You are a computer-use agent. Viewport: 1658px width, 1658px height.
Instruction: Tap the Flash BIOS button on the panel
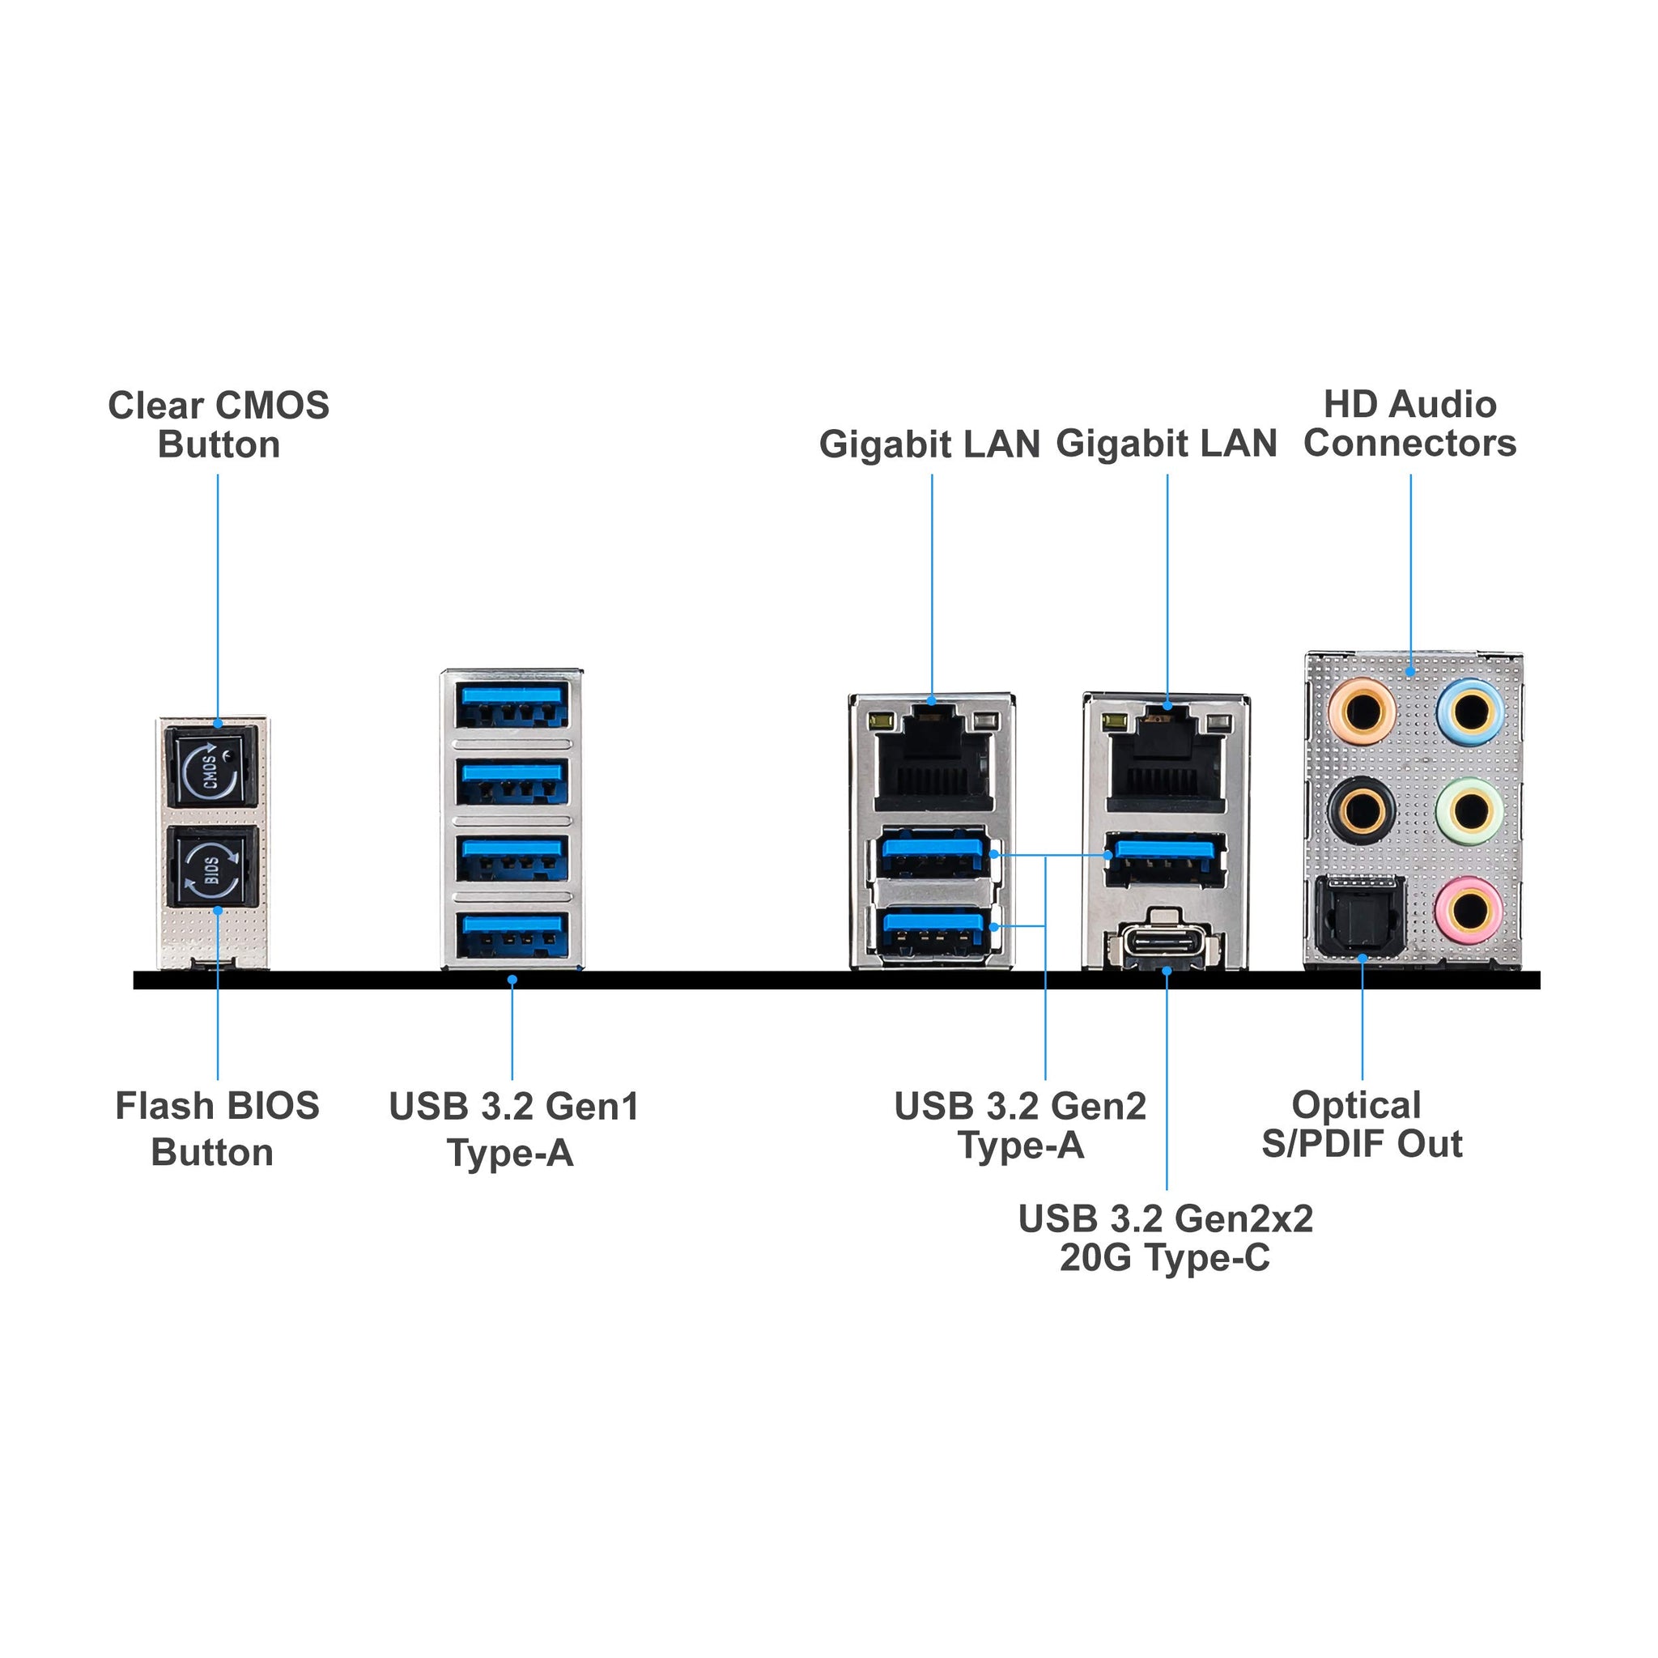pyautogui.click(x=212, y=867)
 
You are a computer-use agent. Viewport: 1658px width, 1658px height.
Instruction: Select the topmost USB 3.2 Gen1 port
pyautogui.click(x=512, y=704)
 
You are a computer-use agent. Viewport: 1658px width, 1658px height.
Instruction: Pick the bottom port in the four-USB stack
pyautogui.click(x=512, y=934)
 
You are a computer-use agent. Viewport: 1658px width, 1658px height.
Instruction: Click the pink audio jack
pyautogui.click(x=1470, y=908)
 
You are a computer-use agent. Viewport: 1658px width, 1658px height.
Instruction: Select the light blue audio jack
pyautogui.click(x=1470, y=712)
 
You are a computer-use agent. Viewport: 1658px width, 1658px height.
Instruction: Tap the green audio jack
pyautogui.click(x=1470, y=810)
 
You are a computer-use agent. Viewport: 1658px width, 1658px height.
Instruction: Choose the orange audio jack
pyautogui.click(x=1361, y=712)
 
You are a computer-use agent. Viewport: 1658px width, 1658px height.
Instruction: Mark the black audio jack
pyautogui.click(x=1361, y=810)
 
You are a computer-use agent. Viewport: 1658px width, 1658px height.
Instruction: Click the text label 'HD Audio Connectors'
pyautogui.click(x=1409, y=424)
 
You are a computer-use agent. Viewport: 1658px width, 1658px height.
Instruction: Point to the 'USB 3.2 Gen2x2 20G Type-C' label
pyautogui.click(x=1164, y=1238)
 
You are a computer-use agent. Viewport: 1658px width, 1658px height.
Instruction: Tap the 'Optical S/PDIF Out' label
pyautogui.click(x=1361, y=1124)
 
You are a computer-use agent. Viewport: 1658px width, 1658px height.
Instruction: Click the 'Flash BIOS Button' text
pyautogui.click(x=216, y=1129)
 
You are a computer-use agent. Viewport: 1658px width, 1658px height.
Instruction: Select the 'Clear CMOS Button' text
pyautogui.click(x=219, y=425)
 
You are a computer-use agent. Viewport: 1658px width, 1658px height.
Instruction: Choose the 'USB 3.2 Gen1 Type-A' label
pyautogui.click(x=513, y=1129)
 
